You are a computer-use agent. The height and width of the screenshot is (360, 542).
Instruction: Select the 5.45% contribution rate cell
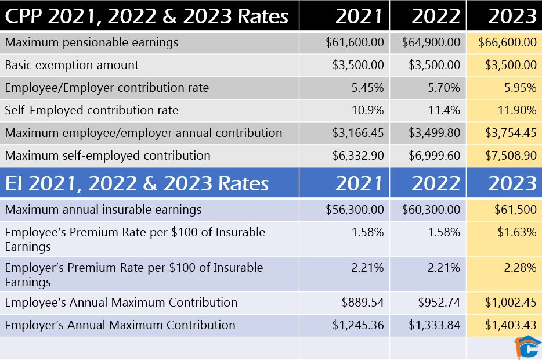click(x=367, y=88)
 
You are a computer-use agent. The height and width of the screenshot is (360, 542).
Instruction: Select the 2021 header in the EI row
click(x=359, y=183)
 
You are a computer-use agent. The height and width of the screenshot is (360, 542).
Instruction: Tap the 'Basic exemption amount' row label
click(x=72, y=65)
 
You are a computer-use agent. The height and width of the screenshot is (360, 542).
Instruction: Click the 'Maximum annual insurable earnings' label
click(x=103, y=210)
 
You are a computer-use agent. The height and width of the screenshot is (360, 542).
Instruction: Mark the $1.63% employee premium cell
click(x=516, y=232)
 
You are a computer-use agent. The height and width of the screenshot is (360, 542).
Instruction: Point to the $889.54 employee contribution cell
click(x=363, y=303)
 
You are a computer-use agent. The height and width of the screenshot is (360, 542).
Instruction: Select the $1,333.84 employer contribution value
click(x=435, y=325)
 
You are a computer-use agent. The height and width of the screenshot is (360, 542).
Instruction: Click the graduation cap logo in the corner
click(x=527, y=347)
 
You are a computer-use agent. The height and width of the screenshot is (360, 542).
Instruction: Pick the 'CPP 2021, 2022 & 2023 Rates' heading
click(x=147, y=16)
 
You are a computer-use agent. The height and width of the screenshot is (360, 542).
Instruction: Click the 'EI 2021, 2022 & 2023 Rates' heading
click(x=137, y=183)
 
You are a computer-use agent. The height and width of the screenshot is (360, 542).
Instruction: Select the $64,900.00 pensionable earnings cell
click(x=431, y=42)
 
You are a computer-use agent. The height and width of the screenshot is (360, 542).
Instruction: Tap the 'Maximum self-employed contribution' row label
click(x=107, y=156)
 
